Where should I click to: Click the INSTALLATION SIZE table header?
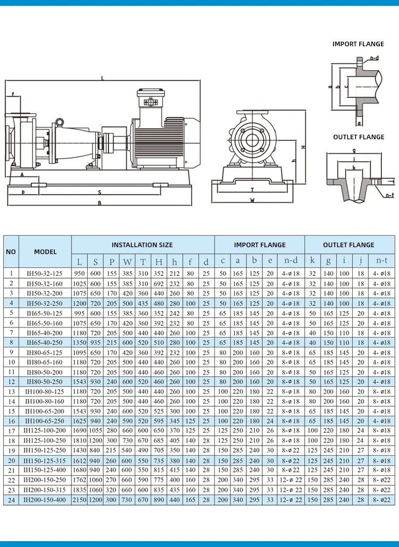[x=142, y=245]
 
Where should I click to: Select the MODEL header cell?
[x=45, y=252]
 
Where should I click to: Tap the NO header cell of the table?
[x=11, y=252]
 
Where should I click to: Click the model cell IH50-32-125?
[x=45, y=273]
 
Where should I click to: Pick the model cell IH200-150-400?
[x=45, y=500]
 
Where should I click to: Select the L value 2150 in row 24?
[x=79, y=500]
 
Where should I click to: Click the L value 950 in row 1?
[x=79, y=273]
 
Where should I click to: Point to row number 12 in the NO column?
[x=11, y=382]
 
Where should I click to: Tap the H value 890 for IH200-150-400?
[x=159, y=500]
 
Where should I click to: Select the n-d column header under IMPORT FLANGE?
[x=290, y=261]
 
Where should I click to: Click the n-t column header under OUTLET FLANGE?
[x=382, y=261]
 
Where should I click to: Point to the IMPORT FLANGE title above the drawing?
[x=358, y=44]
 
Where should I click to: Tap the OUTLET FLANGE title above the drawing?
[x=358, y=137]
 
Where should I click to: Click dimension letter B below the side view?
[x=99, y=203]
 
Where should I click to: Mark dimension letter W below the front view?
[x=252, y=200]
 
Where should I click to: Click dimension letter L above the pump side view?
[x=102, y=79]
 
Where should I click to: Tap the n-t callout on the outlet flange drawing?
[x=389, y=195]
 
